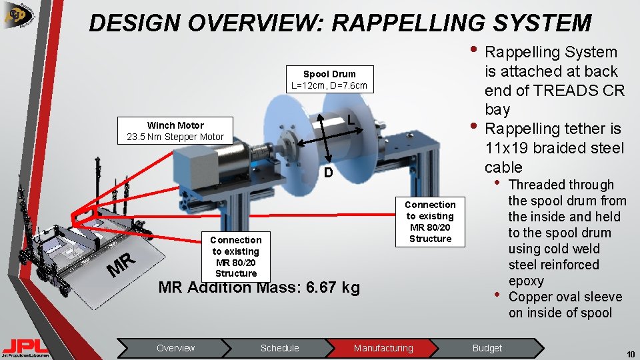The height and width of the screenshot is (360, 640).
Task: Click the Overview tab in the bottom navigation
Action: (x=175, y=348)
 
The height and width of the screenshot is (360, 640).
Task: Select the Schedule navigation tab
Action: (x=279, y=348)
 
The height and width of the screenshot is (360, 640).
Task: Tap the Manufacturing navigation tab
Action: (x=383, y=348)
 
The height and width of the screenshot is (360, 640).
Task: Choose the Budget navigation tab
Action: (x=487, y=348)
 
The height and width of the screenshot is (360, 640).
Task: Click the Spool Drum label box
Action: (x=329, y=79)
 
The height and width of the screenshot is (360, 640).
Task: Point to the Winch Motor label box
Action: (x=175, y=131)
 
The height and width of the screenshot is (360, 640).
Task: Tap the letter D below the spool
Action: (x=327, y=173)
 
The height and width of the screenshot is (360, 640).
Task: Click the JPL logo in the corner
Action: (x=25, y=346)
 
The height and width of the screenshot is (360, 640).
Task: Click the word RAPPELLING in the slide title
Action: (x=407, y=23)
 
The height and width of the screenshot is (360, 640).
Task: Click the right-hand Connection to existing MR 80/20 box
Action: (x=430, y=221)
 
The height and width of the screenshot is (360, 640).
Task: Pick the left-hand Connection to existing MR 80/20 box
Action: (x=235, y=256)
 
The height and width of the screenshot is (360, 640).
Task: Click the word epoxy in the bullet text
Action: (x=526, y=281)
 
